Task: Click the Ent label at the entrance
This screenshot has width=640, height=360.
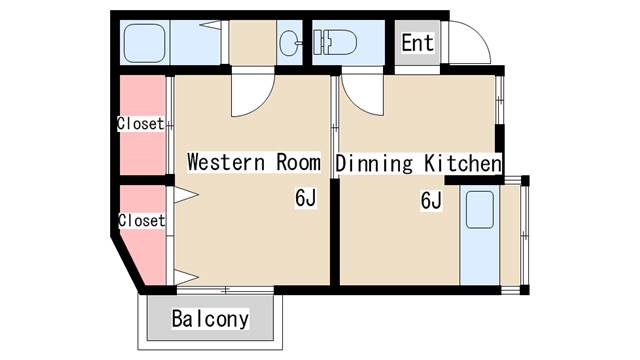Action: click(417, 43)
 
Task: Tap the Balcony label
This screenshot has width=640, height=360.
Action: click(210, 319)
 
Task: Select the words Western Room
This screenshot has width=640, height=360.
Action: click(254, 162)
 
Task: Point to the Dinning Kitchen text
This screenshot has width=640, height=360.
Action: click(418, 163)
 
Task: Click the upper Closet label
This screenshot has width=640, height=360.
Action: click(141, 123)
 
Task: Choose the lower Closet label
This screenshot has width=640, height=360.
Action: click(142, 220)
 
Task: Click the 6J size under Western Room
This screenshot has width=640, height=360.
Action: click(306, 198)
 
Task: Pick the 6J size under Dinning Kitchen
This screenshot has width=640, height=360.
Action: click(431, 200)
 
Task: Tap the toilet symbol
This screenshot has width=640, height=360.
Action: click(335, 42)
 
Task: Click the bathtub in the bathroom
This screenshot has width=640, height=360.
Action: click(144, 43)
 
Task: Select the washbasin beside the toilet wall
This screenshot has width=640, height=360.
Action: click(290, 43)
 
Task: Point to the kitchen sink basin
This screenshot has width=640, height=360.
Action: click(480, 210)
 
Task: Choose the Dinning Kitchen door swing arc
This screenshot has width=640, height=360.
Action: click(354, 102)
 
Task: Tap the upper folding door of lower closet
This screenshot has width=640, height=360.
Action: click(186, 194)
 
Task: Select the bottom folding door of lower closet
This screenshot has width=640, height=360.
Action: click(186, 277)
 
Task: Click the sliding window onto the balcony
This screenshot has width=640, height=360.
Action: click(225, 290)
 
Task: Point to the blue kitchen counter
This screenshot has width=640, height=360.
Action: click(480, 235)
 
